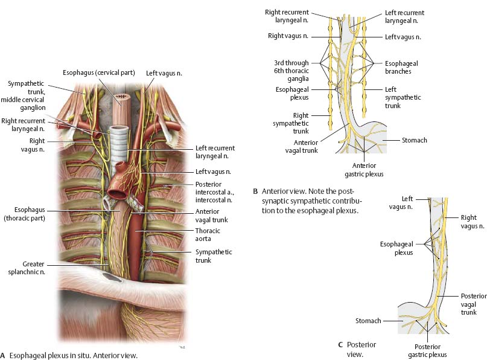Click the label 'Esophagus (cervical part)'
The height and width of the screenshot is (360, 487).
(x=100, y=74)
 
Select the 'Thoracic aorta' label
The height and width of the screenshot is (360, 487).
(x=208, y=235)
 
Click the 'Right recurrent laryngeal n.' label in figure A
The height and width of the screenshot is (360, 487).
(x=25, y=124)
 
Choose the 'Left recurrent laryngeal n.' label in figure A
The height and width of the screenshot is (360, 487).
(x=215, y=152)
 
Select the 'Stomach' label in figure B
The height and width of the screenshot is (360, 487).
(x=414, y=140)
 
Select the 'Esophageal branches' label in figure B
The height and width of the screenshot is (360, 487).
(x=403, y=66)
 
